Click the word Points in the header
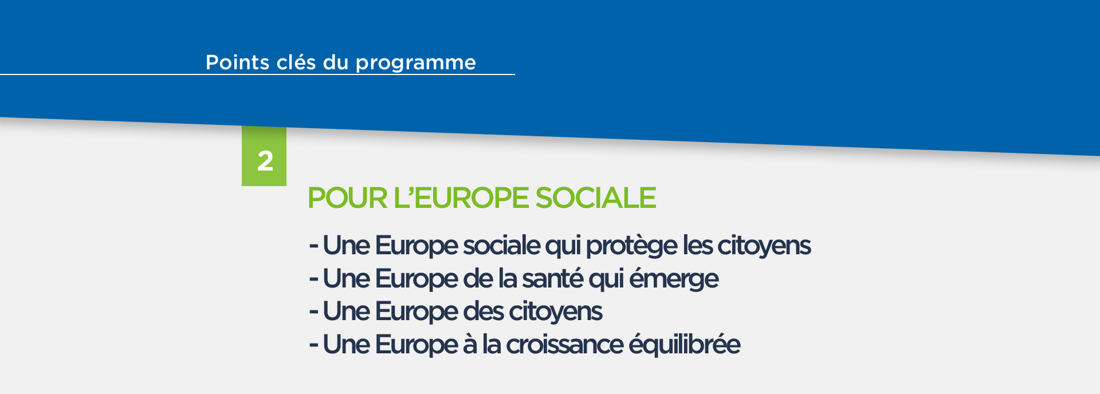point(237,62)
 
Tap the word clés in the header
point(296,62)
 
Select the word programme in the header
point(415,64)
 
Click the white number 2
point(265,161)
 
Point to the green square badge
point(264,156)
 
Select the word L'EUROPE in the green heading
point(461,198)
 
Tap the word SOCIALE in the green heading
point(596,198)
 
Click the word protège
point(632,246)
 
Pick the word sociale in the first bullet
point(501,245)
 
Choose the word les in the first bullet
point(697,245)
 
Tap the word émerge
point(674,279)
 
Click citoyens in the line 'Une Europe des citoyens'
point(556,312)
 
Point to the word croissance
point(564,345)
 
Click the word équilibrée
point(685,345)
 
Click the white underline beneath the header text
point(257,74)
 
